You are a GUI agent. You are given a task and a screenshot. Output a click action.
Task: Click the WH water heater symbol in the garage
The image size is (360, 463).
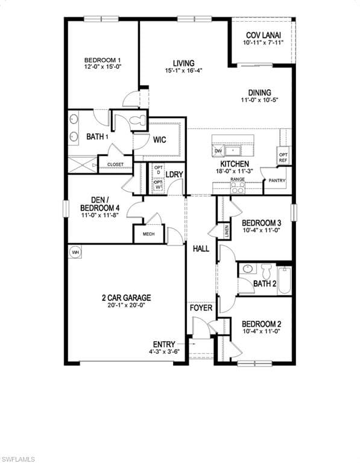click(75, 252)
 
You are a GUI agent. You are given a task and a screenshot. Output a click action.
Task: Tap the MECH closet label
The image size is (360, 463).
click(148, 235)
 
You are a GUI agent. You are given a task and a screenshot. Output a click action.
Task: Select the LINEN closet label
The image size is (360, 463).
click(227, 231)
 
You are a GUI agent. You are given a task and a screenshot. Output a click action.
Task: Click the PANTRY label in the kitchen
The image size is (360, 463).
click(277, 180)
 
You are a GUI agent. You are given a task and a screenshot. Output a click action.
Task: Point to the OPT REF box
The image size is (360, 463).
click(283, 157)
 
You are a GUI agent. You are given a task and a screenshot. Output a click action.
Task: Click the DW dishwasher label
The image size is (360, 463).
click(218, 151)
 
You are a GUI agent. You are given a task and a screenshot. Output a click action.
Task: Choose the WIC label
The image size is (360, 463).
click(160, 140)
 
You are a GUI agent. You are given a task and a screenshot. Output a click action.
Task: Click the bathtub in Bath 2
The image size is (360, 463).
click(285, 280)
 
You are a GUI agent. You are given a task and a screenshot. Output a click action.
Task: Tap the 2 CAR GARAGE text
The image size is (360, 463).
click(126, 297)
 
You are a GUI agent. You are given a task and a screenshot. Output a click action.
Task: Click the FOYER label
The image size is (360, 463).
click(201, 308)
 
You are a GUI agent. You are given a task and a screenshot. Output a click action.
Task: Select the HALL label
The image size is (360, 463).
click(201, 248)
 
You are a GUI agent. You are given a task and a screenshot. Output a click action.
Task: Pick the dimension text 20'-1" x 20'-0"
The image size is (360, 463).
click(126, 305)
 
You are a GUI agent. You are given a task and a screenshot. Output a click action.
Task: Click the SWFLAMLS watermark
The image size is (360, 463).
click(18, 459)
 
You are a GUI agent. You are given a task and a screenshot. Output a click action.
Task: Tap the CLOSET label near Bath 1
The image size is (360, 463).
click(115, 164)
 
